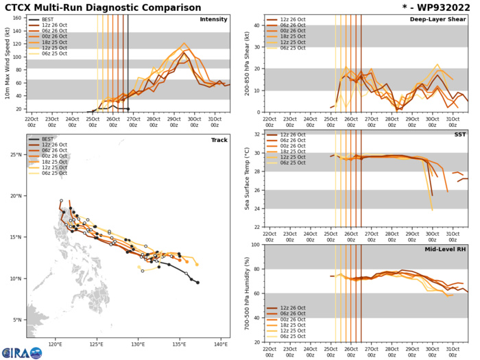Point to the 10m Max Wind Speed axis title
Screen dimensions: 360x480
coord(6,66)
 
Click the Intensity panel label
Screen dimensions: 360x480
coord(213,20)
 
